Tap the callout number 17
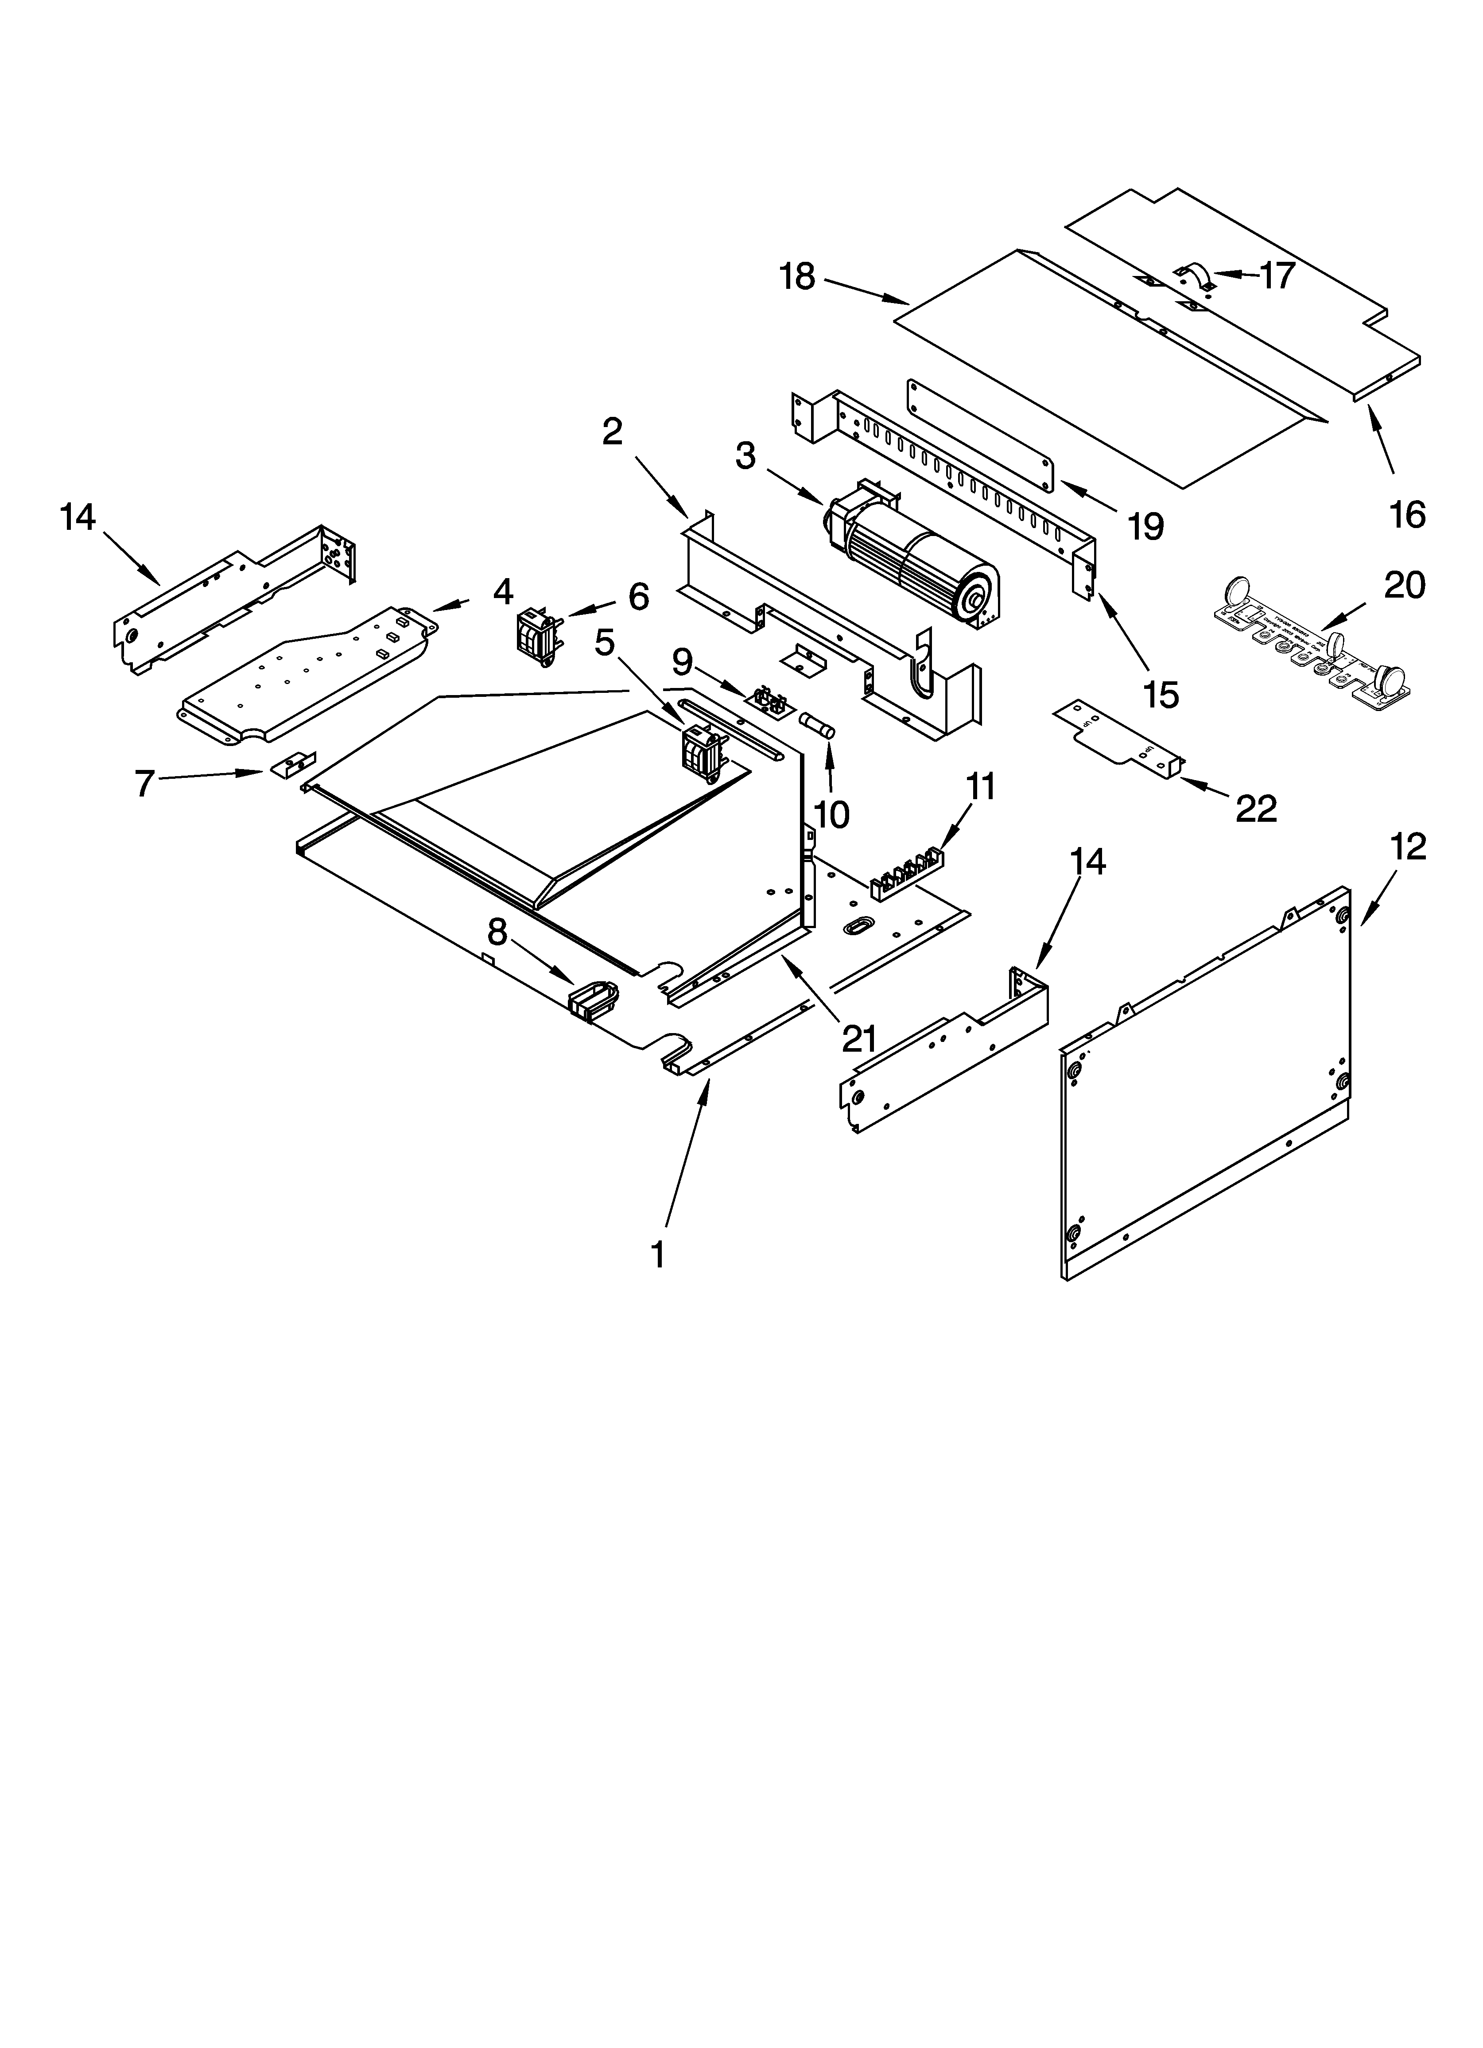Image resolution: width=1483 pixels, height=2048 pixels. point(1277,276)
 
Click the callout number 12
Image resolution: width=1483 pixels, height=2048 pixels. point(1407,847)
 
